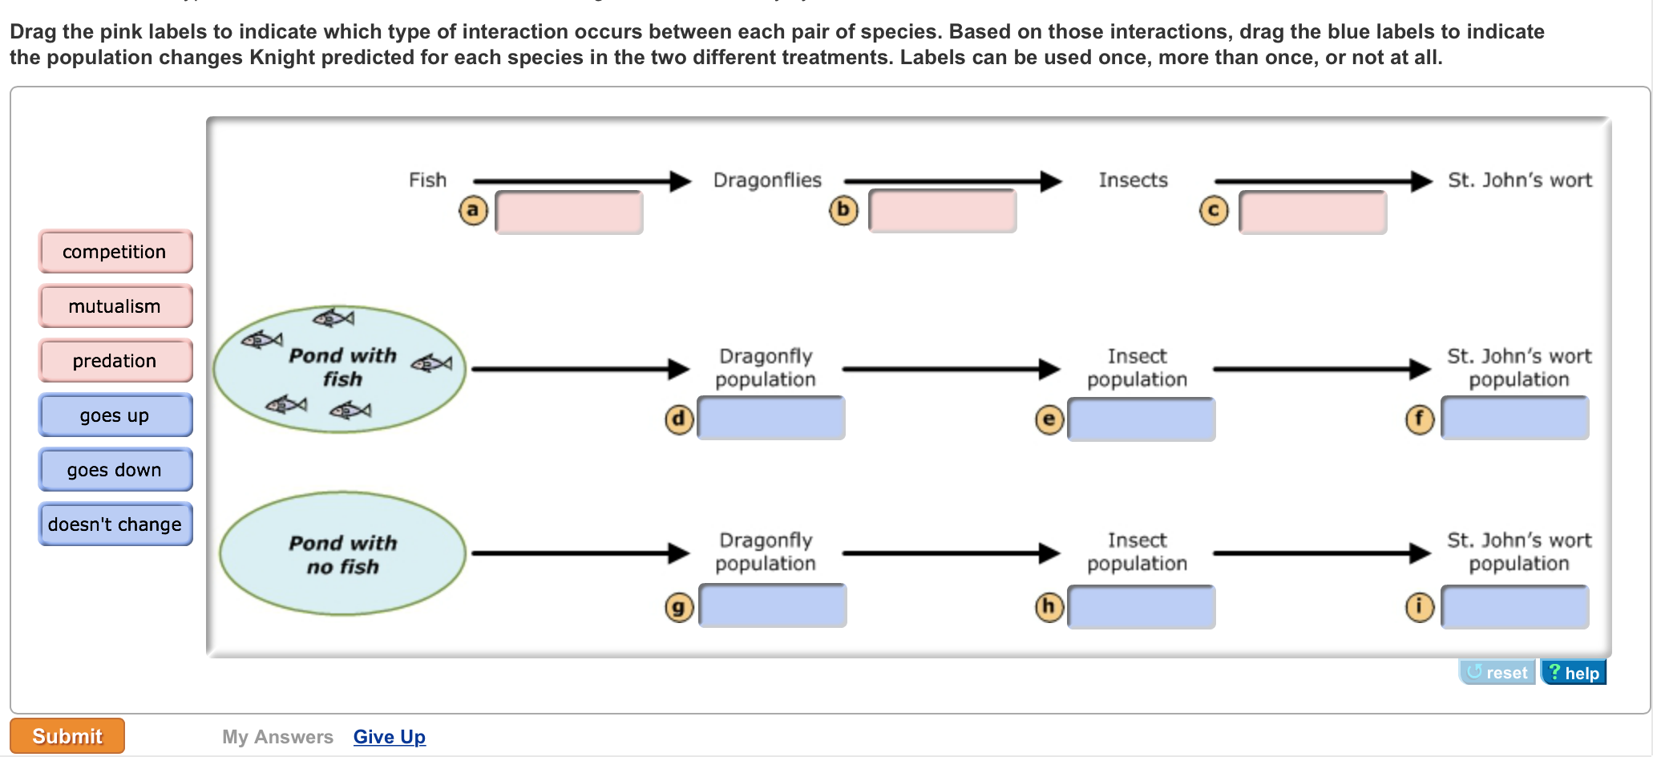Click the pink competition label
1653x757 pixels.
click(115, 252)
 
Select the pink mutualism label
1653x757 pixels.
click(115, 306)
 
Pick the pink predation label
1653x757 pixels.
click(115, 361)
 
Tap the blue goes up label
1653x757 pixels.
click(115, 415)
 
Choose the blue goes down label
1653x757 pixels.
click(115, 470)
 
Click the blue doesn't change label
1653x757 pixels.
click(115, 524)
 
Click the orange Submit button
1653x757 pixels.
click(67, 736)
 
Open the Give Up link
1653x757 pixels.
click(390, 737)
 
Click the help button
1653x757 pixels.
click(1574, 673)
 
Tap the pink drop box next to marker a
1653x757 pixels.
click(569, 213)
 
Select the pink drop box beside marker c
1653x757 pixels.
click(1313, 213)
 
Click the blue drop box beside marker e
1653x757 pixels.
click(1142, 419)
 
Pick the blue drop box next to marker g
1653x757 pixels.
click(773, 605)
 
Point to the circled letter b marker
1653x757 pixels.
click(843, 210)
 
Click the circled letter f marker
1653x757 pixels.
click(1420, 419)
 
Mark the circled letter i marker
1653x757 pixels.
click(1420, 606)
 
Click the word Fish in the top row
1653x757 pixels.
click(427, 180)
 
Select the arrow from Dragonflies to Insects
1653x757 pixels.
click(952, 181)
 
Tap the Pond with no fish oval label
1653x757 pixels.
click(343, 554)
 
